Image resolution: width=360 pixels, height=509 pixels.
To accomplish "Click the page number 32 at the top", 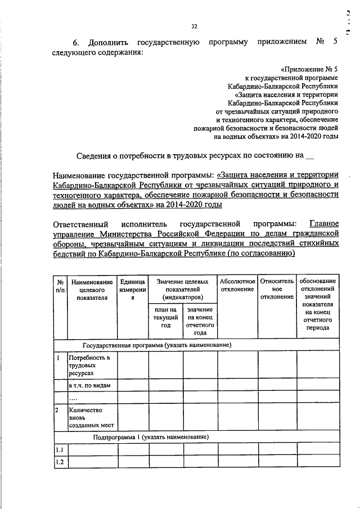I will pos(194,25).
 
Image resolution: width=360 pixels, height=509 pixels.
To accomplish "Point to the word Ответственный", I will pos(79,223).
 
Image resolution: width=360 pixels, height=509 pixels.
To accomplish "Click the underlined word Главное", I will pos(321,223).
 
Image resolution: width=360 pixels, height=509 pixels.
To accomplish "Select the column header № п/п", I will pos(60,285).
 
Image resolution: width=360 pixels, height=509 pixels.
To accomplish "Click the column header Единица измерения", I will pos(133,289).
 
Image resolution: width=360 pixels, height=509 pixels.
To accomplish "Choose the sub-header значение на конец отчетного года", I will pos(200,321).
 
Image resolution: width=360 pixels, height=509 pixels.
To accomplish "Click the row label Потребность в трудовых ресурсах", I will pos(87,366).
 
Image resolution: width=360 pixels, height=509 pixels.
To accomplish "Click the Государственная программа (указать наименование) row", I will pos(157,345).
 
